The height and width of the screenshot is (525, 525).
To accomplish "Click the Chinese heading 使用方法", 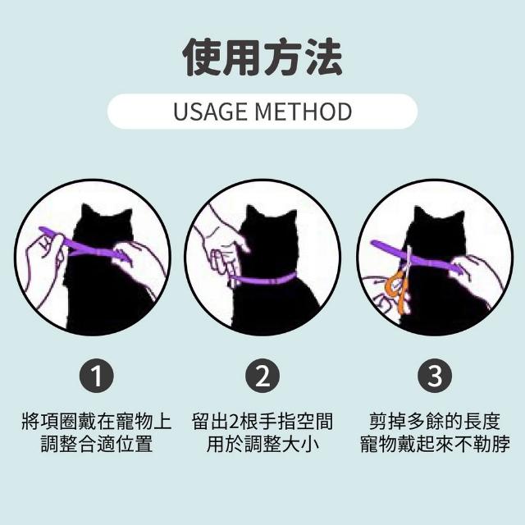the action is click(262, 57).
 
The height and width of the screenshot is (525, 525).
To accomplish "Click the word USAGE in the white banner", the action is click(210, 112).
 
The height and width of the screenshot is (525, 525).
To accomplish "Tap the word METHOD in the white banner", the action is click(304, 112).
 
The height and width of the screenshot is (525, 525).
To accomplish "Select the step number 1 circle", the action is click(97, 376).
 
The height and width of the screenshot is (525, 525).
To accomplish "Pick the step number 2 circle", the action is click(262, 376).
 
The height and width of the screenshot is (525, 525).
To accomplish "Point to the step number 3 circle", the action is click(435, 376).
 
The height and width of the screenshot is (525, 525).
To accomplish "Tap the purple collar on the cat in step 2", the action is click(264, 279).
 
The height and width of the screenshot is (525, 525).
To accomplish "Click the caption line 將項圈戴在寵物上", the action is click(97, 422).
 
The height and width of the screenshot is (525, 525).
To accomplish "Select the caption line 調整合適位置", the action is click(97, 445).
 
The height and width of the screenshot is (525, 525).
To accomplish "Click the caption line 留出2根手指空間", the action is click(262, 422).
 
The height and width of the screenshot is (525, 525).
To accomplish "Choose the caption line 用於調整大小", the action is click(262, 445).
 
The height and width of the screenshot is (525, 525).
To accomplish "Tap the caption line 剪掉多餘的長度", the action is click(435, 422).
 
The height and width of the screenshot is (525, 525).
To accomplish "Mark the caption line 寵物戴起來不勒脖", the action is click(435, 445).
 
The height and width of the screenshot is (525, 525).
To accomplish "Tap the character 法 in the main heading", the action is click(323, 57).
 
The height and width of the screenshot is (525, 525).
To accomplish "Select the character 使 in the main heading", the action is click(202, 57).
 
